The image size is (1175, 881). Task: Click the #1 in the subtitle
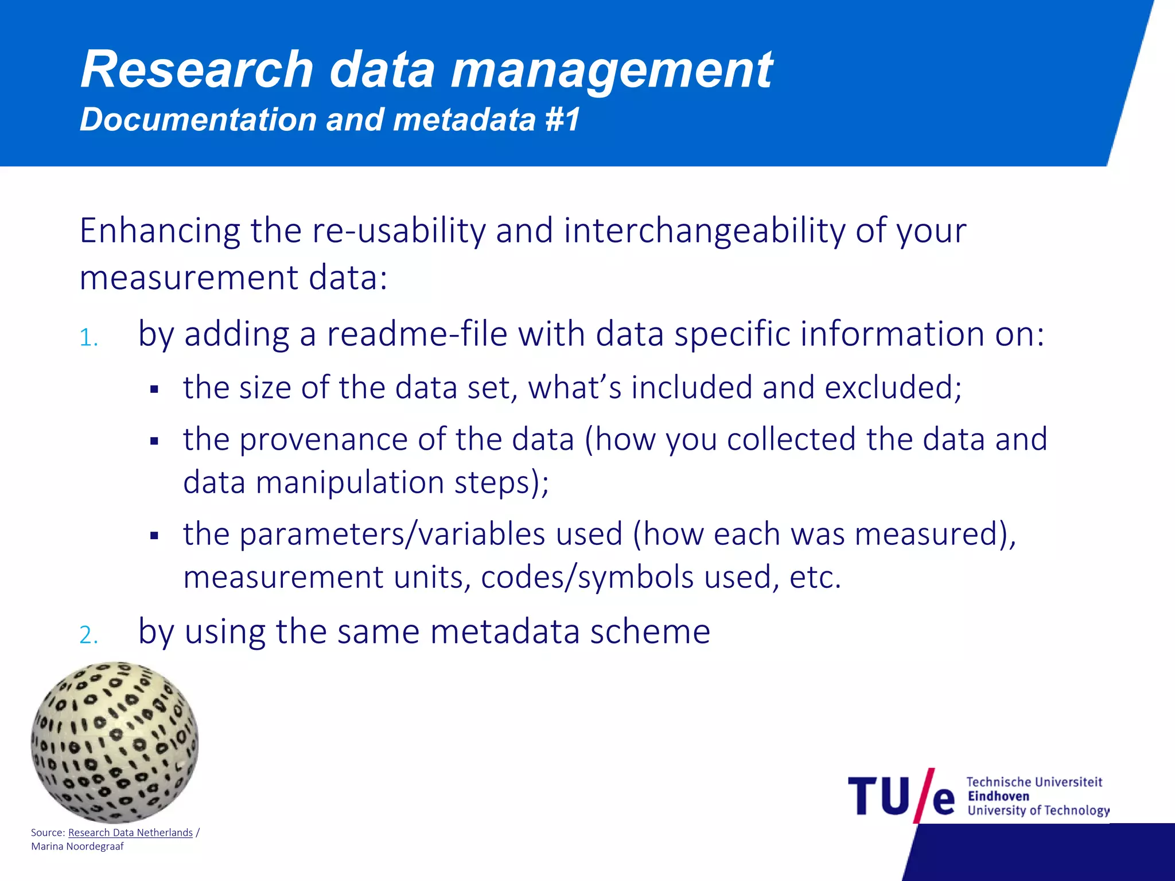(562, 119)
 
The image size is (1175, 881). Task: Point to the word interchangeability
(705, 231)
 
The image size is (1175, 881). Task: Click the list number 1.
(88, 338)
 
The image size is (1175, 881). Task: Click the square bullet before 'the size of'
(154, 390)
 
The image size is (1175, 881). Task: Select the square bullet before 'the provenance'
(154, 442)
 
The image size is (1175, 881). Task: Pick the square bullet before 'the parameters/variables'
(154, 536)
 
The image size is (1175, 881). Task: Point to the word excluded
(893, 388)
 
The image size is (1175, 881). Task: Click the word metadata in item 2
(505, 631)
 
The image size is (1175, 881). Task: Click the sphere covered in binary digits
(115, 742)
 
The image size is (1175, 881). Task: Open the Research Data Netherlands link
(130, 832)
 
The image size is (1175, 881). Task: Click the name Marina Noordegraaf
(77, 847)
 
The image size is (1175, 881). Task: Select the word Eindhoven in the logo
(998, 796)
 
